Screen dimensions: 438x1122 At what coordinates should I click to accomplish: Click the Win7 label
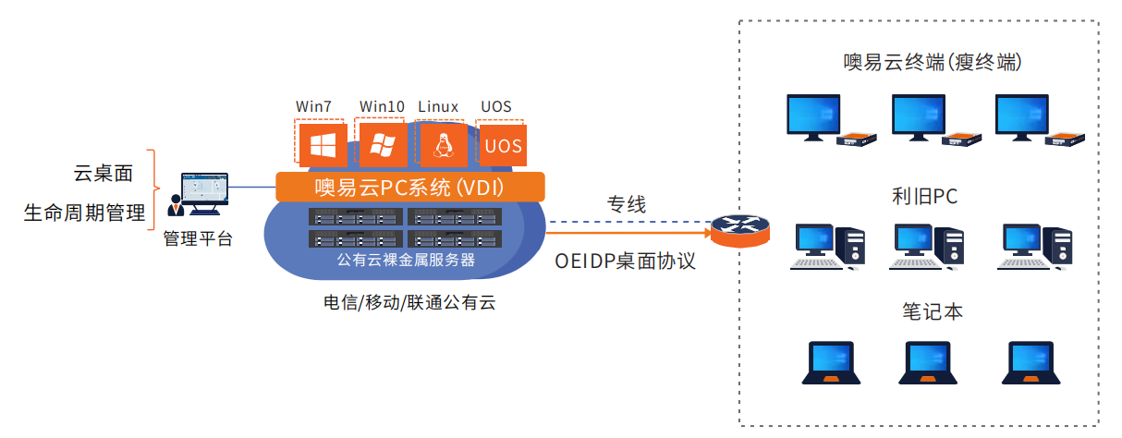click(x=313, y=106)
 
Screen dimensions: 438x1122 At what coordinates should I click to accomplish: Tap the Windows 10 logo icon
click(x=383, y=144)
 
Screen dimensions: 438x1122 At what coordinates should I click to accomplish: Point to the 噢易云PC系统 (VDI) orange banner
click(x=409, y=188)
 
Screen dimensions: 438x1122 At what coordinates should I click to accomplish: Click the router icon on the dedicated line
click(x=739, y=225)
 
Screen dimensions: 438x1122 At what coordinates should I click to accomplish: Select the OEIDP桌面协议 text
click(x=625, y=262)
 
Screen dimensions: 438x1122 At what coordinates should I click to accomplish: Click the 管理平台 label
click(x=198, y=239)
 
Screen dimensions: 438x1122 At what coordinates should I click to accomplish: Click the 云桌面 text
click(x=104, y=172)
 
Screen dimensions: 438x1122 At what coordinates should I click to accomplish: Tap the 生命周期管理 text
click(x=85, y=213)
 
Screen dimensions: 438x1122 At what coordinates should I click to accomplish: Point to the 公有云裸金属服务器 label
click(x=407, y=260)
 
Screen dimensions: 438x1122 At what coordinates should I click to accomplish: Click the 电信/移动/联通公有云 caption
click(x=409, y=302)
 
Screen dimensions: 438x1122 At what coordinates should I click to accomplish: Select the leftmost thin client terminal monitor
click(x=812, y=116)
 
